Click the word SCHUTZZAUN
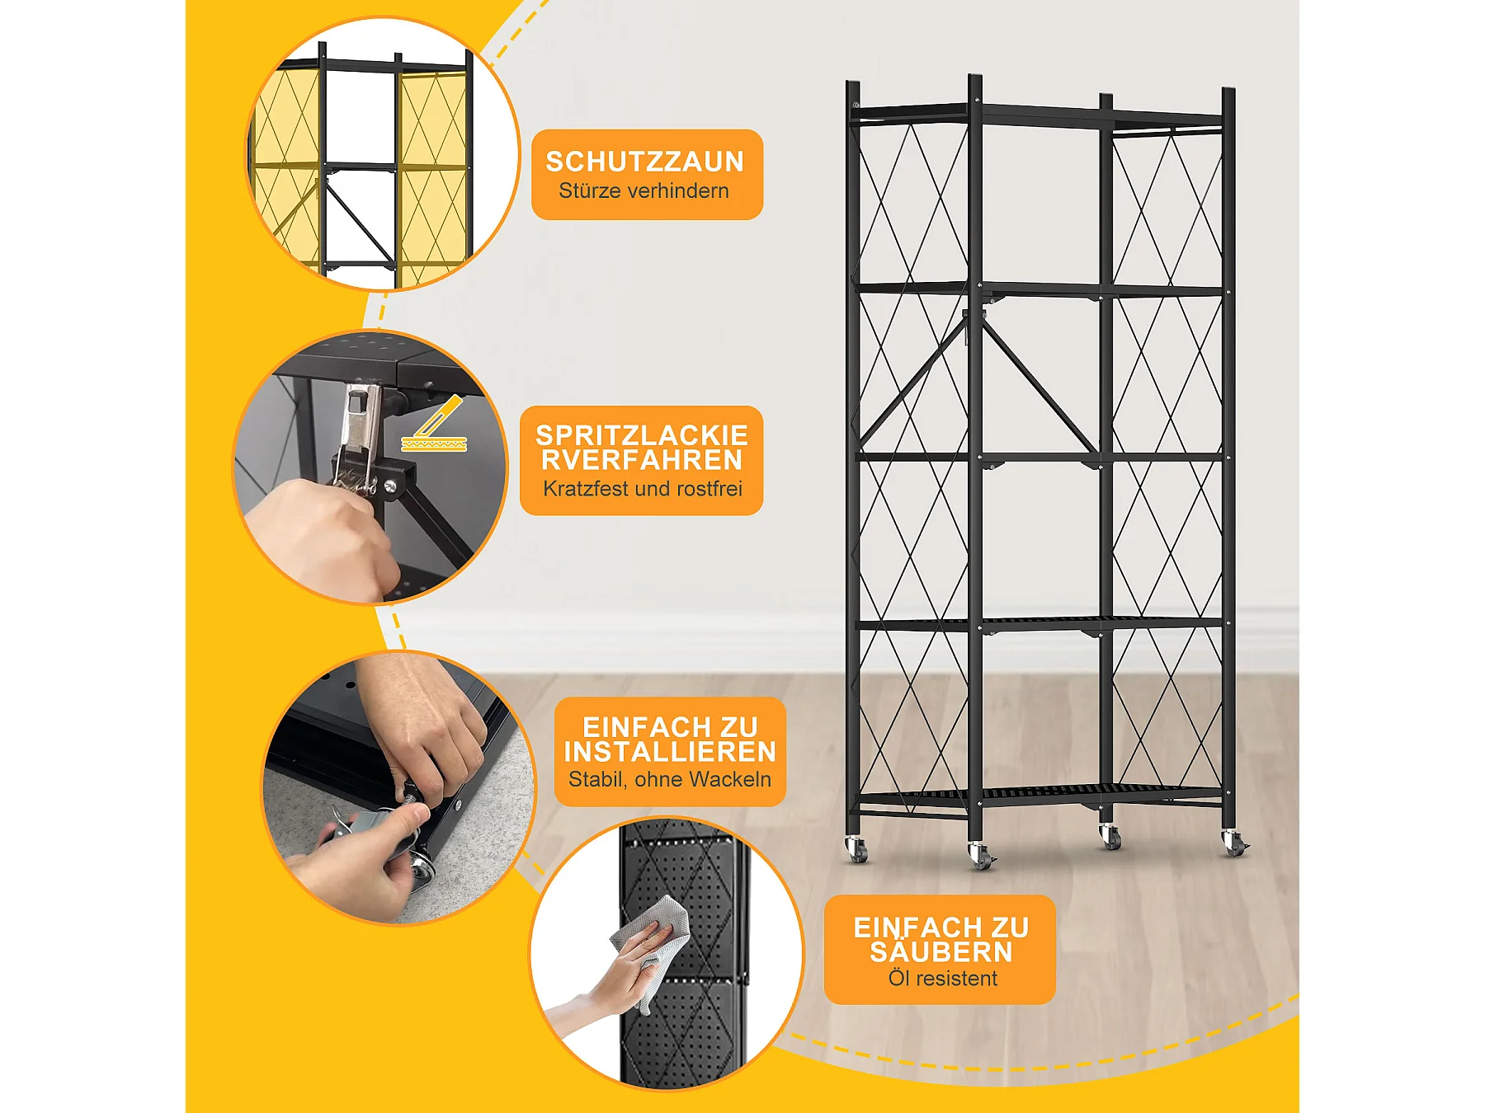(645, 162)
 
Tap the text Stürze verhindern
(643, 190)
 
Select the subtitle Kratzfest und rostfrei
(643, 488)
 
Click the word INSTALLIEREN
(670, 752)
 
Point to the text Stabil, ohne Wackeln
(670, 779)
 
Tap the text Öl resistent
(943, 979)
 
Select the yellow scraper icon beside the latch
(435, 425)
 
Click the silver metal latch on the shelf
(360, 437)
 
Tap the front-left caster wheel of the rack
(980, 857)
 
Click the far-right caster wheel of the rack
(1234, 843)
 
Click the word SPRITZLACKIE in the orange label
(642, 434)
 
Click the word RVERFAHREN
(642, 459)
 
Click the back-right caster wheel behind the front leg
(1111, 837)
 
